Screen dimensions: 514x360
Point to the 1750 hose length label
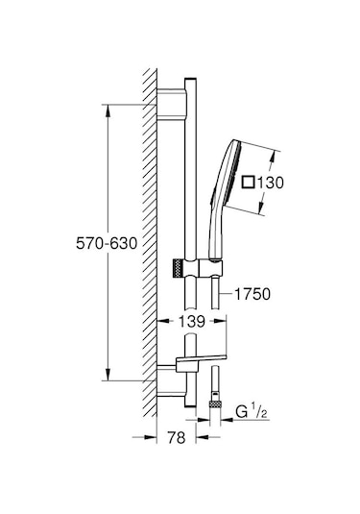(252, 294)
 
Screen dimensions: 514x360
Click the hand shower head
(229, 178)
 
